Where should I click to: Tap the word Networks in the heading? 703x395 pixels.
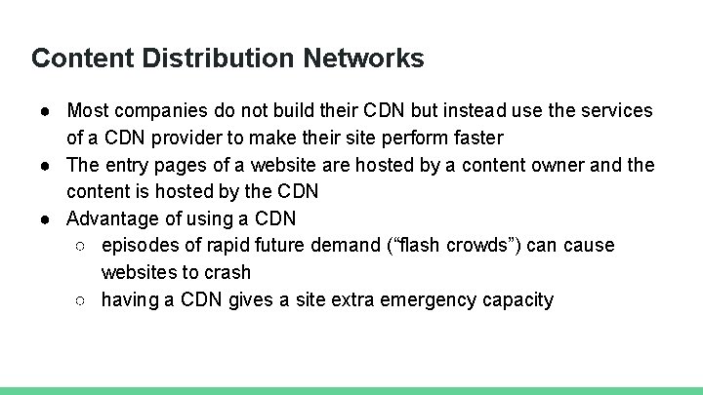coord(363,59)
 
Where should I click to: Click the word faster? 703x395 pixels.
coord(475,138)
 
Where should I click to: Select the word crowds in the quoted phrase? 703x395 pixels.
coord(484,246)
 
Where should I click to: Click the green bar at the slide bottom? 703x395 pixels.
coord(351,390)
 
